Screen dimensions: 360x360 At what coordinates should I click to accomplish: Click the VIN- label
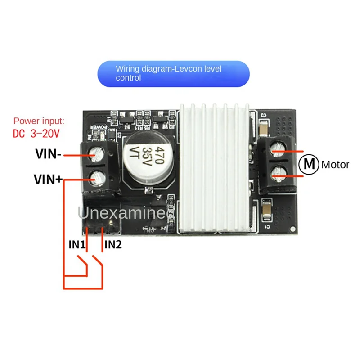click(x=49, y=154)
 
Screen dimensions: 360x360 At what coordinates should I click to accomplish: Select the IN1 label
click(x=76, y=245)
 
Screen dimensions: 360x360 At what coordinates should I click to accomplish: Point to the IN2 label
click(x=113, y=245)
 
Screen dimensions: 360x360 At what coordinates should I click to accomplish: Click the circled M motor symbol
click(x=309, y=164)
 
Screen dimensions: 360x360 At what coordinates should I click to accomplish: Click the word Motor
click(x=335, y=165)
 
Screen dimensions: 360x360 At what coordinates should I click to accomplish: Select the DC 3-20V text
click(x=36, y=134)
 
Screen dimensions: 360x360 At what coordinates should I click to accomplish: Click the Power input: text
click(x=39, y=121)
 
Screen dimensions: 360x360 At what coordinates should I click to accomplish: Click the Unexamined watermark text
click(x=128, y=212)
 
